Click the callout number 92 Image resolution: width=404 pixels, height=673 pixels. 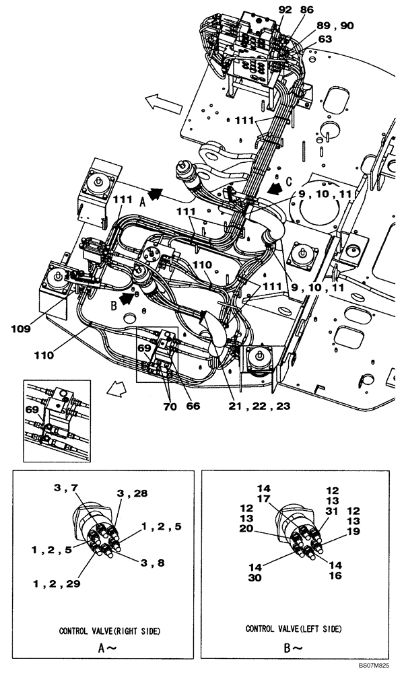285,11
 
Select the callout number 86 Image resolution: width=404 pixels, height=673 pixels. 306,11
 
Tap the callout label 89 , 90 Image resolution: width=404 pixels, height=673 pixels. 334,26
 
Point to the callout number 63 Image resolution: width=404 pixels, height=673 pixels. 325,39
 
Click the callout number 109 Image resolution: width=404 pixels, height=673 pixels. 21,330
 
